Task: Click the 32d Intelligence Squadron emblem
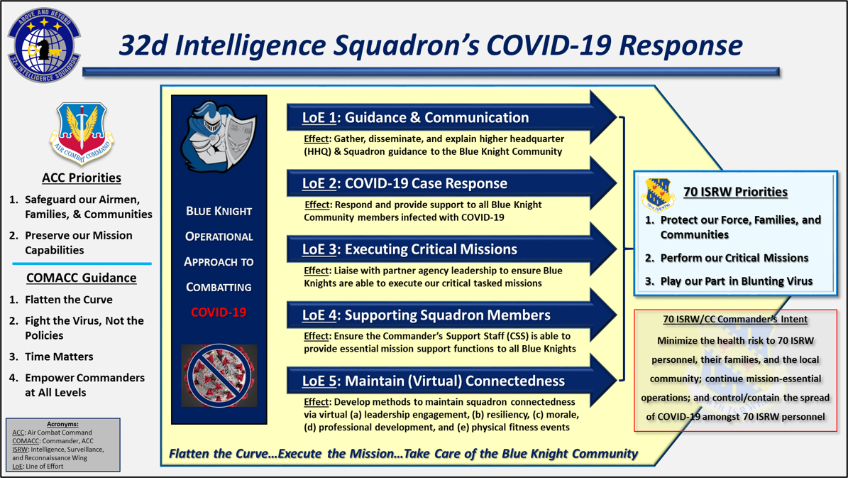coord(44,45)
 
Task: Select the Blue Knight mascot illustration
coord(219,136)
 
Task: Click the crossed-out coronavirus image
coord(219,376)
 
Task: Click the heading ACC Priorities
coord(82,178)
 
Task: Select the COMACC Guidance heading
coord(82,278)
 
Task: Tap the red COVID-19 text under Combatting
coord(219,313)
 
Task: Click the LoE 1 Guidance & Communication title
coord(415,117)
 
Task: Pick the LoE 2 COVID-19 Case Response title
coord(404,183)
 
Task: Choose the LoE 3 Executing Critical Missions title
coord(409,249)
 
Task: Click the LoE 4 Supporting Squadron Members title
coord(426,315)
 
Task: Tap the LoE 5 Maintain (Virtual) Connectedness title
coord(433,381)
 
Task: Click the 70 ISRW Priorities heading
coord(735,192)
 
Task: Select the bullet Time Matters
coord(59,357)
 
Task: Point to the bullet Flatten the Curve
coord(69,300)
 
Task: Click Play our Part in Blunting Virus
coord(737,281)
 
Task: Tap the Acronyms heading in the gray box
coord(62,425)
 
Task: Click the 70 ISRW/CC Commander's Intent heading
coord(735,320)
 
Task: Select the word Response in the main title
coord(681,45)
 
